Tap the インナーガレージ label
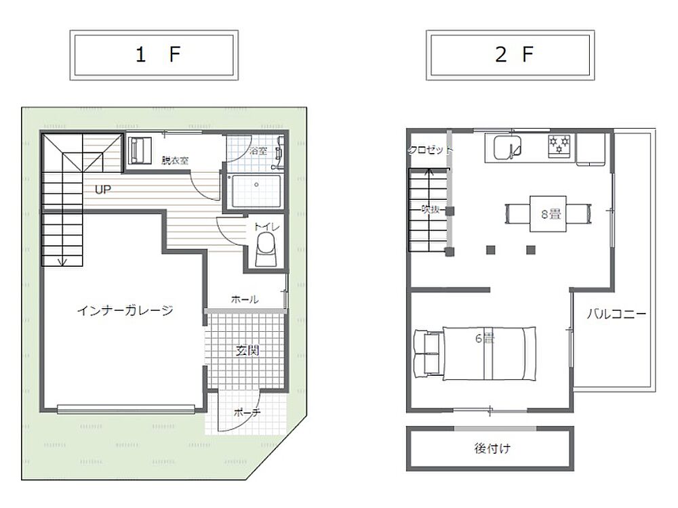click(125, 310)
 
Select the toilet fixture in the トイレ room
click(266, 250)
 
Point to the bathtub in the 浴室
click(256, 190)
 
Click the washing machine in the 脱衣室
click(139, 150)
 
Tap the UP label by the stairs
click(103, 189)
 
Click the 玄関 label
click(247, 350)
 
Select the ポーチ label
click(247, 412)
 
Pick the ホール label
click(245, 299)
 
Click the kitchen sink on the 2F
click(507, 147)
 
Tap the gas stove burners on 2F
click(559, 144)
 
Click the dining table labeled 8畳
click(549, 214)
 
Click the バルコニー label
click(616, 314)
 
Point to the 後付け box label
click(492, 448)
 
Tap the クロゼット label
click(431, 150)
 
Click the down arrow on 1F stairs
click(63, 261)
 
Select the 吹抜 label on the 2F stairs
click(431, 209)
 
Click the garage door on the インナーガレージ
click(126, 408)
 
